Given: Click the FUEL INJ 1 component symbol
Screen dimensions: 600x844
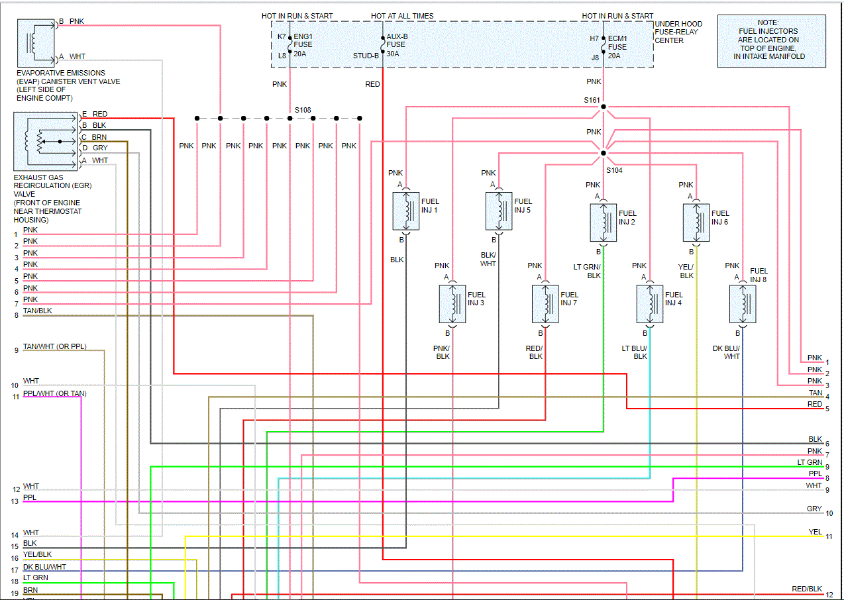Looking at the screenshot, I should (x=406, y=211).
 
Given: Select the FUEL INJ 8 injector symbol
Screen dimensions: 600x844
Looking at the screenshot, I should (x=743, y=304).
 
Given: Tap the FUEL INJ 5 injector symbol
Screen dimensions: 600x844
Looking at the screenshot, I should (x=499, y=211).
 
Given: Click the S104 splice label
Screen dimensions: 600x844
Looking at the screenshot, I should (x=613, y=170).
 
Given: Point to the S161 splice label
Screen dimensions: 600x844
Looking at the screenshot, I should (x=592, y=101).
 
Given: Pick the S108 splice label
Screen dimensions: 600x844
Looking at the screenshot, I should (x=303, y=110).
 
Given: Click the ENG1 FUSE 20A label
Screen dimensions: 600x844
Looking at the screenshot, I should (x=303, y=45).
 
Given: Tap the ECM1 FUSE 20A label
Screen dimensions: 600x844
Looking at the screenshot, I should (x=617, y=47).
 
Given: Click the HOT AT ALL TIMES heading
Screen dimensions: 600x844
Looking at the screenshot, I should (x=401, y=16).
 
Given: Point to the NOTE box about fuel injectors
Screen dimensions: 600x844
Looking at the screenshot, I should (x=771, y=40).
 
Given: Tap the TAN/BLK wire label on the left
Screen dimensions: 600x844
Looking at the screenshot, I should (x=37, y=311).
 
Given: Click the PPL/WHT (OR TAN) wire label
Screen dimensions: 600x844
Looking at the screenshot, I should (x=54, y=394).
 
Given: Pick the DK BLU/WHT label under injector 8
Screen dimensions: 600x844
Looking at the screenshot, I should (x=727, y=352).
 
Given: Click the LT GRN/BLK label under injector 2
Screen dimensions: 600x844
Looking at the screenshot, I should (x=587, y=271).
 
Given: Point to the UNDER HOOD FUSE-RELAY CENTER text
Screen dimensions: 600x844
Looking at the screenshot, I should (x=678, y=32).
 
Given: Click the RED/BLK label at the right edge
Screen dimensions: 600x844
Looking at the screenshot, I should (x=806, y=589).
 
